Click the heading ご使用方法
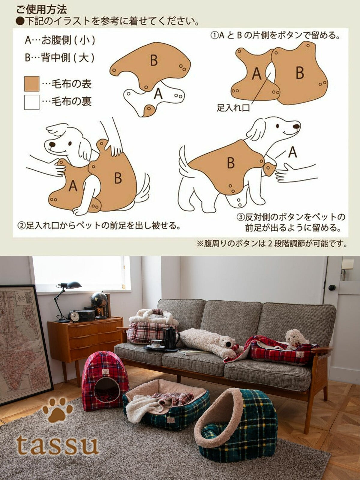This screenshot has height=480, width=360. pos(41,10)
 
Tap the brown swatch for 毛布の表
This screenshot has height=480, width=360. pos(32,84)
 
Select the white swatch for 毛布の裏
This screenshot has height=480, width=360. pos(32,102)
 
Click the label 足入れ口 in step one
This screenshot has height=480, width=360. pos(233,108)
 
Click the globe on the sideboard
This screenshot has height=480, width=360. pos(99,300)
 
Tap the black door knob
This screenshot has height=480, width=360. pos(332,287)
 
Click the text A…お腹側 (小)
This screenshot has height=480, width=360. pos(60,40)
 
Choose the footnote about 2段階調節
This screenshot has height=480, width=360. pos(272,244)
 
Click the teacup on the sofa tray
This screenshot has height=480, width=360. pos(155,343)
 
